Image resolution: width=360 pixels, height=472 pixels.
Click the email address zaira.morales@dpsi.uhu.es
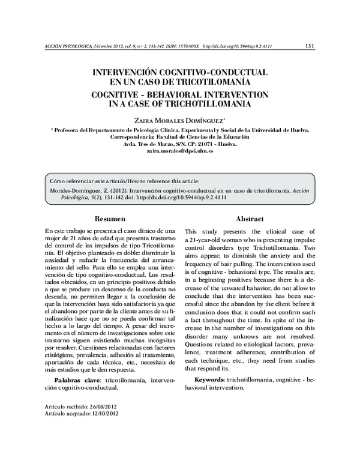[x=180, y=153]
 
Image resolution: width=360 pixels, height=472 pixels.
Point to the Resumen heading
[x=110, y=219]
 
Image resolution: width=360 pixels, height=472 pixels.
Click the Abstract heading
[x=250, y=219]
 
